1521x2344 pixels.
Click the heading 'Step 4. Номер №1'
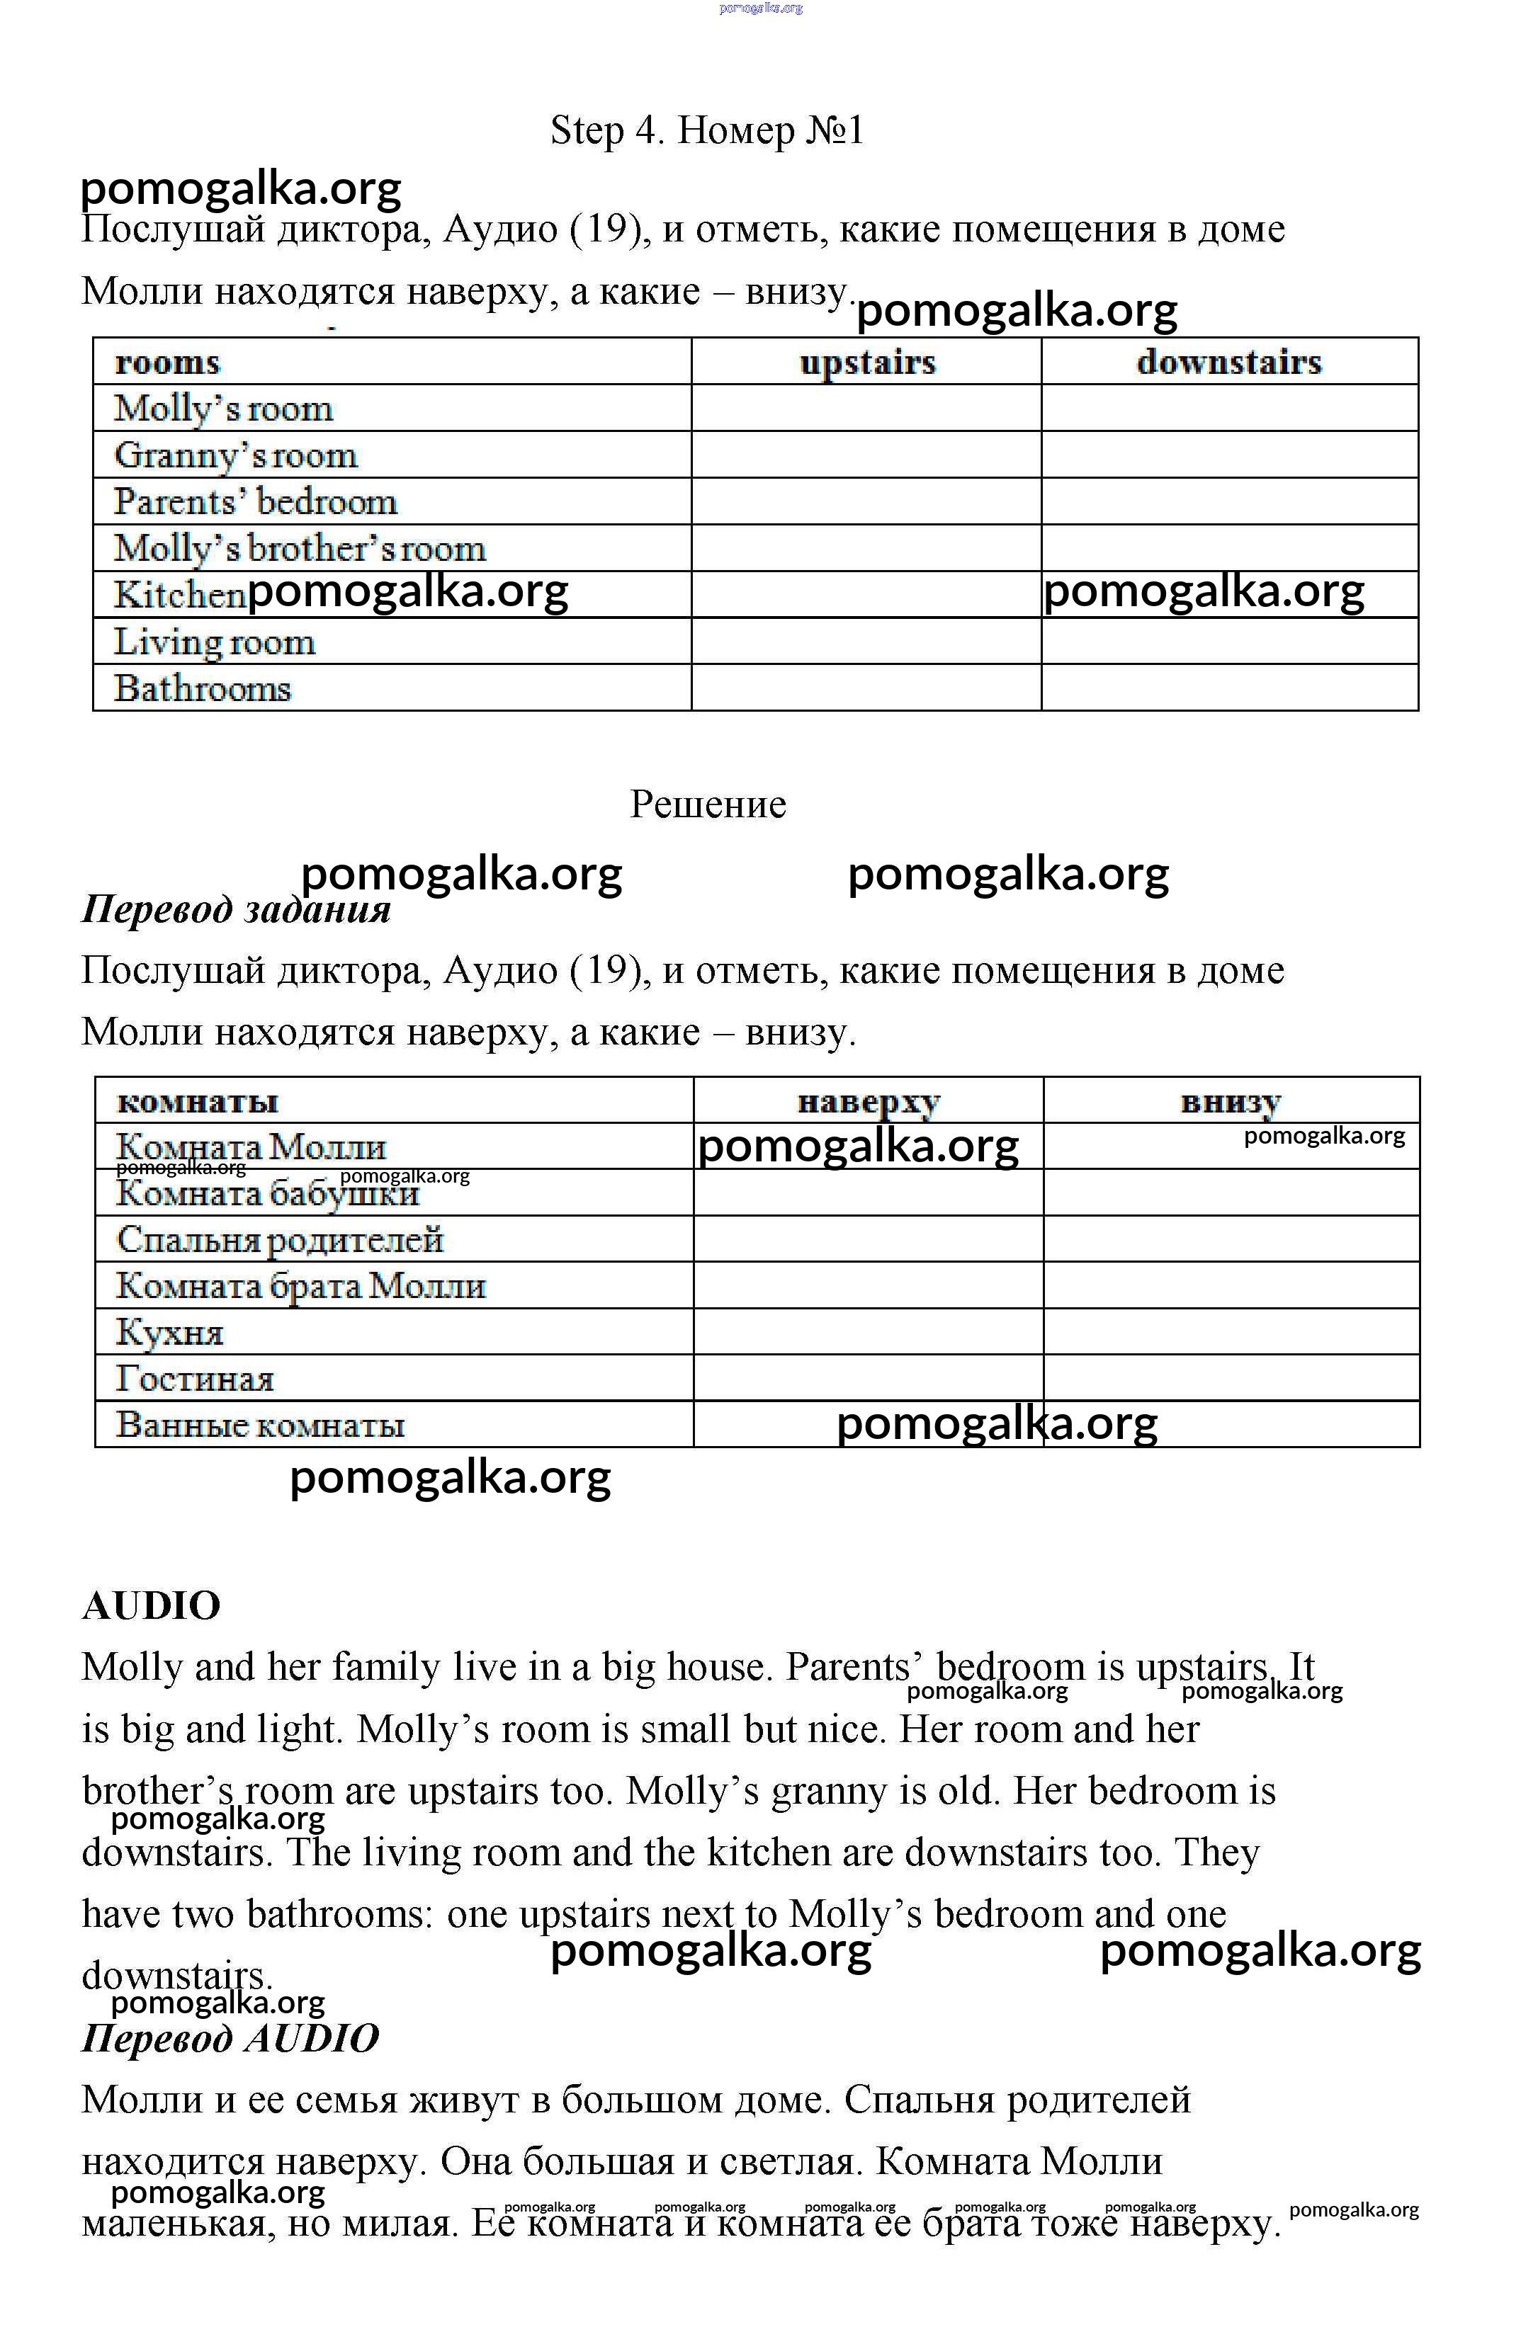[706, 130]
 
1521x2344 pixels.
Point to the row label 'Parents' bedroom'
[255, 501]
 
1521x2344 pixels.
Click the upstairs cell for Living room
[866, 641]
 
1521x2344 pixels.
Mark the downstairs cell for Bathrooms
[1228, 688]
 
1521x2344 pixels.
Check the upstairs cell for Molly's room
[866, 408]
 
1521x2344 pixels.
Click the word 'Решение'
[707, 804]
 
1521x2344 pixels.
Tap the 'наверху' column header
[868, 1101]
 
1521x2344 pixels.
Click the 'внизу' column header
[1231, 1101]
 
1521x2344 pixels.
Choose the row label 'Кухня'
[169, 1331]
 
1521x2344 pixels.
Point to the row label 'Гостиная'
[194, 1378]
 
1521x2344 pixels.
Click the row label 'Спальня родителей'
[280, 1239]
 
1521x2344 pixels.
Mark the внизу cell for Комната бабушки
[1231, 1193]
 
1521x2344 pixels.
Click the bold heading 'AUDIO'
[151, 1605]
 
